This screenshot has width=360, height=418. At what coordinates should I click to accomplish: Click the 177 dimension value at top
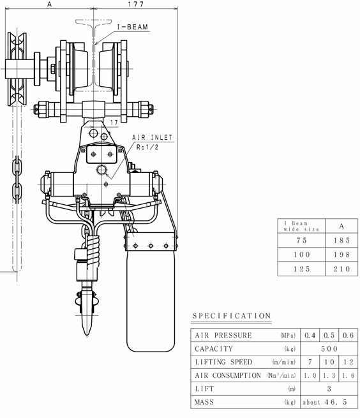pos(136,4)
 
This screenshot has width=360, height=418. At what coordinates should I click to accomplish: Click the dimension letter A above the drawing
pos(50,4)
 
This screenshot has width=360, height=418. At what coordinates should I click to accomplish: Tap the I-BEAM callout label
pos(133,27)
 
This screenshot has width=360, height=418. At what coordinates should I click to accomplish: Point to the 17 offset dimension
pos(114,123)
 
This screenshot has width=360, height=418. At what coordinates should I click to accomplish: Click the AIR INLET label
pos(153,137)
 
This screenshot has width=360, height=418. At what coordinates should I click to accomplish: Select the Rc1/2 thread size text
pos(147,147)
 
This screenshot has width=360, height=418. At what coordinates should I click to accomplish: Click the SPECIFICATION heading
pos(232,316)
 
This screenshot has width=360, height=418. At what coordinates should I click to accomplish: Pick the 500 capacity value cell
pos(329,348)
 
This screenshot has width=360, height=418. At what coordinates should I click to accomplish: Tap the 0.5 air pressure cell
pos(329,336)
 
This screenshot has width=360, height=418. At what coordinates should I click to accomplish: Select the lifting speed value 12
pos(349,362)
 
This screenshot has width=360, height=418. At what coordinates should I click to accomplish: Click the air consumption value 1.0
pos(310,375)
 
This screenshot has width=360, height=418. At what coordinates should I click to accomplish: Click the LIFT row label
pos(204,389)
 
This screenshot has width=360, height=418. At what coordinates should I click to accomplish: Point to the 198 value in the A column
pos(341,255)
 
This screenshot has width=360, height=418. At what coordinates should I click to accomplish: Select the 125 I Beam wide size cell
pos(302,269)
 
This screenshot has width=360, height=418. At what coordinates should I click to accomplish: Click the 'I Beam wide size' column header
pos(302,226)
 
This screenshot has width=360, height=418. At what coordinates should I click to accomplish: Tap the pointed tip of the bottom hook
pos(87,335)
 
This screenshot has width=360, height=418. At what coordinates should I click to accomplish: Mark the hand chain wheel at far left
pos(17,69)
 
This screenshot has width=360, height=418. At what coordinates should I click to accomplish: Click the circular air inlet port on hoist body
pos(102,170)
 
